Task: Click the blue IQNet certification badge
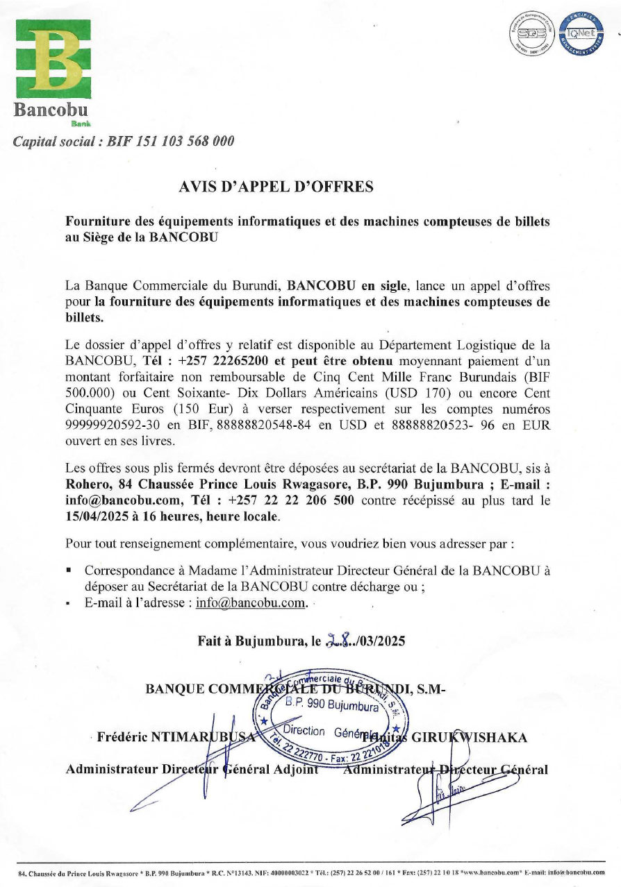pos(583,34)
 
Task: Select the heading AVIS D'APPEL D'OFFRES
pos(276,186)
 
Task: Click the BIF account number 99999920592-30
pos(112,423)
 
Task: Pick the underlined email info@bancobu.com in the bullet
pos(251,602)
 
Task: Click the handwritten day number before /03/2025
pos(339,641)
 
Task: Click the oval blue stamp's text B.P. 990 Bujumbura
pos(332,707)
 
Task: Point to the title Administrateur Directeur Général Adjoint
pos(192,769)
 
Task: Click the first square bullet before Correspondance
pos(69,571)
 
